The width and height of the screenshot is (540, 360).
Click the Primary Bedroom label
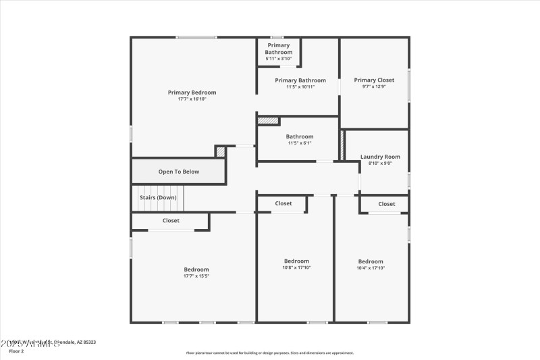(192, 93)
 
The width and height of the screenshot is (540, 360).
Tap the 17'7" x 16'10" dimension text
(192, 99)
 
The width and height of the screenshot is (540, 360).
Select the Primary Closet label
(374, 80)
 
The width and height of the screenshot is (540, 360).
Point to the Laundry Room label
(380, 157)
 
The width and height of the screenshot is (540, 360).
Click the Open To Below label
(179, 172)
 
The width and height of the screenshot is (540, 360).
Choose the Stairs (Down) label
(158, 198)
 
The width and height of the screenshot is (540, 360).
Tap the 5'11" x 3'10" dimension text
(279, 59)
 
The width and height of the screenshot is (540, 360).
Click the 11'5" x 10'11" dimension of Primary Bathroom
(300, 86)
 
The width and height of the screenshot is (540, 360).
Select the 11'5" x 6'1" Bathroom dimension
(300, 143)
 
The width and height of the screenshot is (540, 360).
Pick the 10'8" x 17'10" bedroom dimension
(296, 267)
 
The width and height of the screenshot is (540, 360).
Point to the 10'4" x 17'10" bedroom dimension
(371, 267)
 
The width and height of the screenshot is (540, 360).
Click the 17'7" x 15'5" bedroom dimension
(196, 276)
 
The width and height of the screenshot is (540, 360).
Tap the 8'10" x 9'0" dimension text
(380, 163)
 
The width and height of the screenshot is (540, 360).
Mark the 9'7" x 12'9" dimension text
(374, 86)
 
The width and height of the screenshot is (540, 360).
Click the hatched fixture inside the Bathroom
(268, 121)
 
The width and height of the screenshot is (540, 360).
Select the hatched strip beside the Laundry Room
(342, 145)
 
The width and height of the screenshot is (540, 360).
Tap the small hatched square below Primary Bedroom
(221, 152)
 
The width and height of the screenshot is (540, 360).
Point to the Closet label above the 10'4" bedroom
(387, 204)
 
